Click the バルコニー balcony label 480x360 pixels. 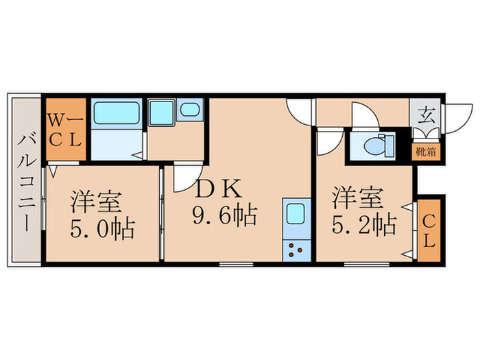tap(25, 182)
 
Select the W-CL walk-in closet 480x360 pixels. tap(66, 128)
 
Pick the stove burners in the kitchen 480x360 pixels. tap(296, 250)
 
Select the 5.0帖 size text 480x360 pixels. tap(103, 226)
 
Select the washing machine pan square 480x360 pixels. tap(163, 111)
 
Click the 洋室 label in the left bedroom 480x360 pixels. tap(97, 202)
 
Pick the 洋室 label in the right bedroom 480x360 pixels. tap(356, 199)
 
